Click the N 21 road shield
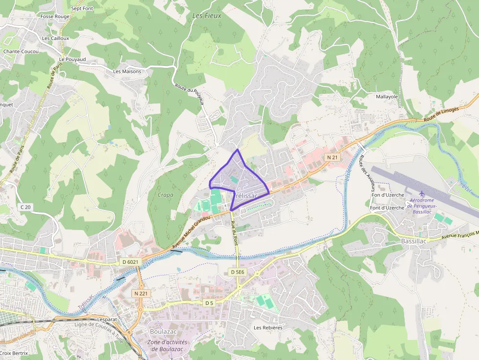pos(332,157)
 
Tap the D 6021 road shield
pos(131,262)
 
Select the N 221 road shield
pos(141,294)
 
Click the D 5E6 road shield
pos(237,272)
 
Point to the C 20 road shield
pos(25,207)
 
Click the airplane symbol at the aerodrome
pos(422,194)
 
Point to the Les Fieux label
pos(207,16)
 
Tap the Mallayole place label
pos(387,97)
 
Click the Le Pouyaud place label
pos(72,59)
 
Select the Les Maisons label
pos(127,71)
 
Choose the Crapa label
pos(166,195)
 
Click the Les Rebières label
pos(268,327)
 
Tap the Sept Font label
pos(82,8)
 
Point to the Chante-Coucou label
pos(21,51)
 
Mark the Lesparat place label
pos(107,319)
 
